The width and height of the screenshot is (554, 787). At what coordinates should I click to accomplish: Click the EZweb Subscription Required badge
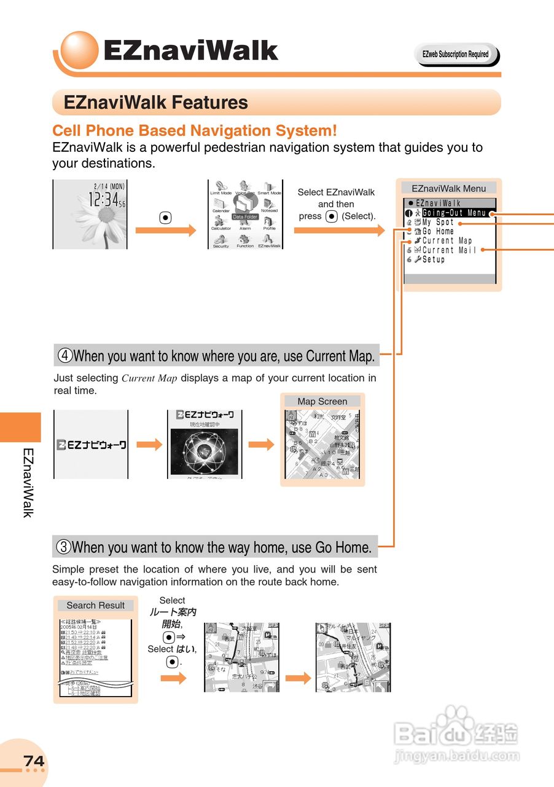[456, 55]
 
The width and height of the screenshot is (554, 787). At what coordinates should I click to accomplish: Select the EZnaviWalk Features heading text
[156, 103]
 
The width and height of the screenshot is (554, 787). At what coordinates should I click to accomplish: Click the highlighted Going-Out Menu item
[454, 213]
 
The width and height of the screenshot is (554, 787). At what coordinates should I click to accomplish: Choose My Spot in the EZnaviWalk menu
[438, 223]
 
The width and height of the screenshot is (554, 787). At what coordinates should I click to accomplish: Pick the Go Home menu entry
[438, 232]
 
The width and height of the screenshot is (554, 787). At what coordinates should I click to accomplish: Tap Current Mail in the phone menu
[449, 250]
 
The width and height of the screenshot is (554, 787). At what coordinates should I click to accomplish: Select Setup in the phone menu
[433, 259]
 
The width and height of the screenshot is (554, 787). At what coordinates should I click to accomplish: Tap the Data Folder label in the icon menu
[245, 217]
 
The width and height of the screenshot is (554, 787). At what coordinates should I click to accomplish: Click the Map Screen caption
[322, 401]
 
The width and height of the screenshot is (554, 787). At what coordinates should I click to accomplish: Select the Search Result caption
[95, 605]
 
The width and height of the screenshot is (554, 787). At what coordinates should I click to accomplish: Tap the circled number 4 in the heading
[65, 355]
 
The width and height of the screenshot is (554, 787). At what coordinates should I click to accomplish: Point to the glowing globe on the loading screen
[203, 451]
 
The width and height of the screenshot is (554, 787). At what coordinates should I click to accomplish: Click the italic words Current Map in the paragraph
[149, 379]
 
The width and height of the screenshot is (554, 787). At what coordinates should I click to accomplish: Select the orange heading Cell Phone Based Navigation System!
[195, 130]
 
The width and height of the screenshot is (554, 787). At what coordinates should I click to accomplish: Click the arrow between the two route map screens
[298, 678]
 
